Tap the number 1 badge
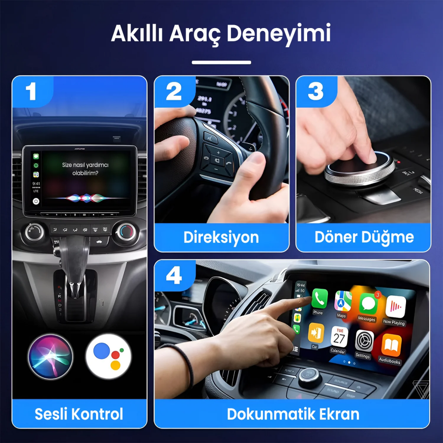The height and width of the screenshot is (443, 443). (32, 92)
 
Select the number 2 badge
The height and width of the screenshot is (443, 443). (174, 92)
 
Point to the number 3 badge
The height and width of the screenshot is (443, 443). (316, 92)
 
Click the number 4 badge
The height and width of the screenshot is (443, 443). (174, 276)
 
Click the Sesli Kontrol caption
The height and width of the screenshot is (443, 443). (79, 413)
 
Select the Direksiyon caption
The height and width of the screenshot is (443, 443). (221, 237)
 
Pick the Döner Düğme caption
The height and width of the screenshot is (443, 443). (364, 237)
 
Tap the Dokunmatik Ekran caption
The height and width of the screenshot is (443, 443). (293, 413)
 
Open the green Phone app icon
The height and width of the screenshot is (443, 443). (319, 298)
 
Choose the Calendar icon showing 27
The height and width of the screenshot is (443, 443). (339, 337)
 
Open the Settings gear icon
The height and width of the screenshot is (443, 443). (364, 341)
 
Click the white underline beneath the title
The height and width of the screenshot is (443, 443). (221, 63)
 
